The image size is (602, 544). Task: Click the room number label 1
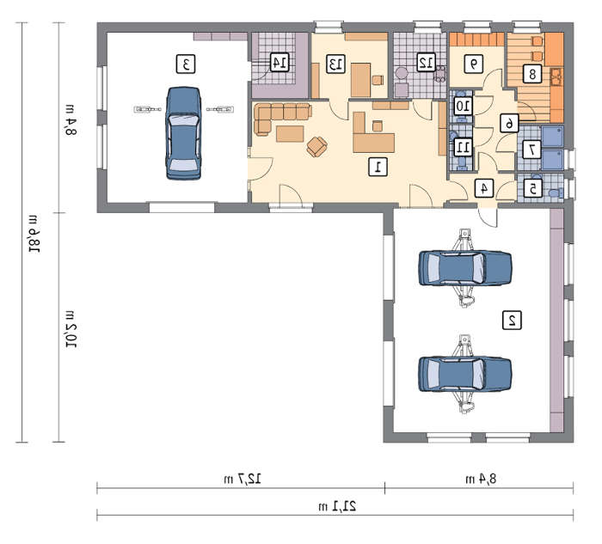(378, 167)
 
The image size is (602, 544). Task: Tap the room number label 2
(512, 320)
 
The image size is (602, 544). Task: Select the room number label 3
(186, 64)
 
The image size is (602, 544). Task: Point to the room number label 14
(279, 62)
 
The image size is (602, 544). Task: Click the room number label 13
(335, 64)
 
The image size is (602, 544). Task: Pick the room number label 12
(427, 62)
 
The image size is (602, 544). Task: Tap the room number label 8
(532, 73)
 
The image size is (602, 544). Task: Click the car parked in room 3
(183, 133)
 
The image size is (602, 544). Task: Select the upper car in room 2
(465, 268)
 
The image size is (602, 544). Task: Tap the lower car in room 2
(465, 374)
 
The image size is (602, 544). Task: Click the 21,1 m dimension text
(337, 506)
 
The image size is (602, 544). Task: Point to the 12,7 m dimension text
(243, 479)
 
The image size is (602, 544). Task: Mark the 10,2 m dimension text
(71, 329)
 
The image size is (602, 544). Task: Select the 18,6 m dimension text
(34, 234)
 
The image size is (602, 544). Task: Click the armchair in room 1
(317, 147)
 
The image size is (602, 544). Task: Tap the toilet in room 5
(556, 193)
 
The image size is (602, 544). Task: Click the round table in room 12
(402, 73)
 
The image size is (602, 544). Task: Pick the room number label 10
(463, 106)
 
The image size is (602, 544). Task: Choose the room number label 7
(532, 150)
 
